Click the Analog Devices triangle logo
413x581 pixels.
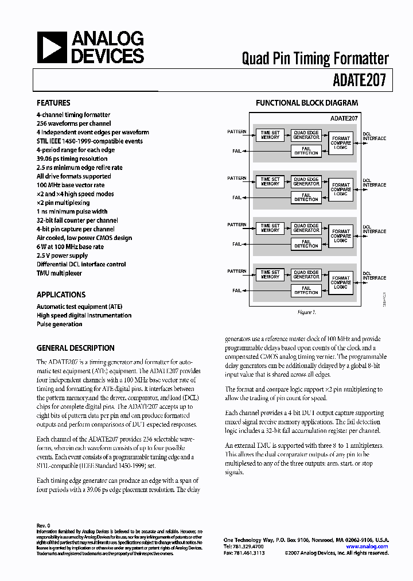52,48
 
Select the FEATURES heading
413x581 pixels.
53,103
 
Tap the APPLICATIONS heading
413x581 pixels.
61,295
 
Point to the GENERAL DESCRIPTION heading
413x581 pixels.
75,348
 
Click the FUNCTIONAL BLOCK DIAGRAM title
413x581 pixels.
306,103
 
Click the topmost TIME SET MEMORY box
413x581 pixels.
270,135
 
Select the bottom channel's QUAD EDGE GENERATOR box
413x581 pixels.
306,274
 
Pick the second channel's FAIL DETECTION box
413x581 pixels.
306,197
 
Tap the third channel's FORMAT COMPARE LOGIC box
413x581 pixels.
341,235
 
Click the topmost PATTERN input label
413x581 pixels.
236,132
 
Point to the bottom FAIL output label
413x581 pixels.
237,290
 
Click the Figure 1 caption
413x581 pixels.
306,312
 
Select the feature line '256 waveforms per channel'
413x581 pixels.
74,123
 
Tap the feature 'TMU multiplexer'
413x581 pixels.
59,273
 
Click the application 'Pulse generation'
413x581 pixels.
60,324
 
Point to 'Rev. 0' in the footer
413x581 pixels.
44,525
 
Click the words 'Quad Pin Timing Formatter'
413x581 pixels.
315,59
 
